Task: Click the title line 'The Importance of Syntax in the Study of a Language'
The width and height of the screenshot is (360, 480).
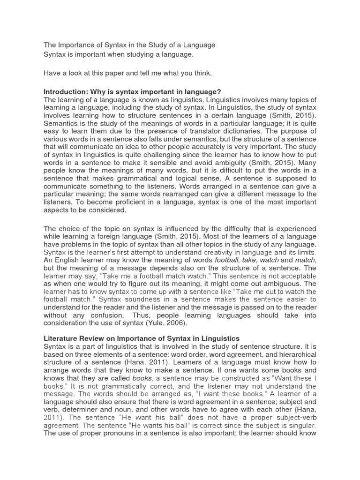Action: pos(129,45)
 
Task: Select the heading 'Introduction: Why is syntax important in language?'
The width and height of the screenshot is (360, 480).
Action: pos(132,91)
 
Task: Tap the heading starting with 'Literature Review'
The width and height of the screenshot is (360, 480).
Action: pos(142,338)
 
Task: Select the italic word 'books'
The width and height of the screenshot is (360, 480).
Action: pos(142,377)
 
